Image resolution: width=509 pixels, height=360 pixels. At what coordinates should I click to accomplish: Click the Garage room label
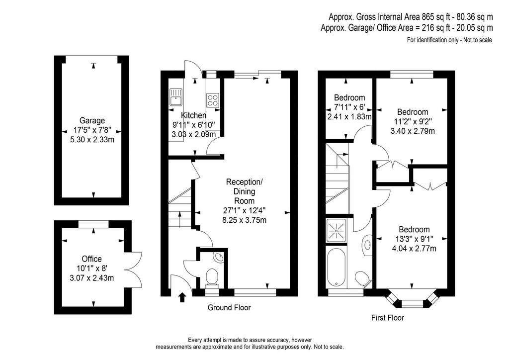pos(92,120)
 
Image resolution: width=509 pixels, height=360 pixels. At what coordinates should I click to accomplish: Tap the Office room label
pos(91,259)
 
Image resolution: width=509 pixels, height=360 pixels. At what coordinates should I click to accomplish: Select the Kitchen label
pos(193,115)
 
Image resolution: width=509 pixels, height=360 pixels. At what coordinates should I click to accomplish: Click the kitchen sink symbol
pos(175,97)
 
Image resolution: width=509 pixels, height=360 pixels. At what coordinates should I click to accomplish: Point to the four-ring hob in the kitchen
pos(213,99)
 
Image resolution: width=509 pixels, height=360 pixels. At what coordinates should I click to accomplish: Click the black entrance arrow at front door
pos(182,297)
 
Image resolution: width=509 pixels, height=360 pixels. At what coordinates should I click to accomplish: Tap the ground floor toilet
pos(212,278)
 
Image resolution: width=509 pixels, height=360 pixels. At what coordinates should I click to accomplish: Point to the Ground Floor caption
pos(229,307)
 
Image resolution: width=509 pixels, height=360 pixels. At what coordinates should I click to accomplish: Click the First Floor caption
pos(388,317)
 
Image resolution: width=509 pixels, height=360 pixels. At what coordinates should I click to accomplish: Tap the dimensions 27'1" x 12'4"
pos(245,210)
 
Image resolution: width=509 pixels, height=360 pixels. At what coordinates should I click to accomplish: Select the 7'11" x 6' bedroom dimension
pos(349,107)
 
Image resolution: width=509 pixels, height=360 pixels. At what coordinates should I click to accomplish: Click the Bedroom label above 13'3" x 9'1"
pos(414,230)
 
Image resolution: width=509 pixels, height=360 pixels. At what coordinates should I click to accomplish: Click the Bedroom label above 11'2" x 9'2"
pos(413,112)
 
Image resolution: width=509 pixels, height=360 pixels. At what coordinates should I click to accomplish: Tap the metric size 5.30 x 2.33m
pos(92,140)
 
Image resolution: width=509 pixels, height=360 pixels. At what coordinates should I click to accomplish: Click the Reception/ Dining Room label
pos(245,191)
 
